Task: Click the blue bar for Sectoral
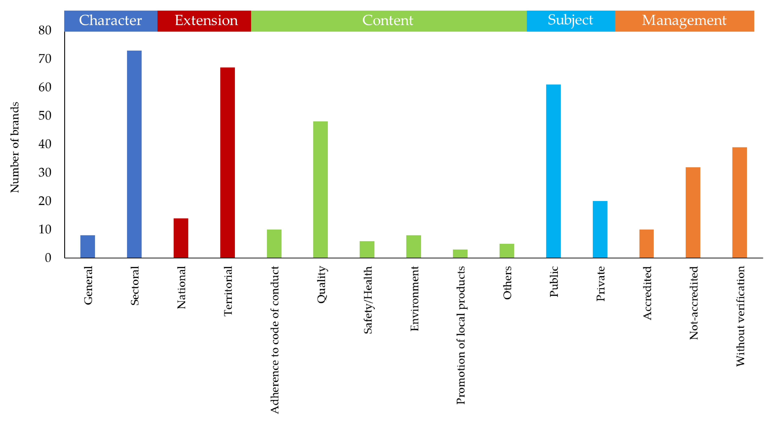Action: (134, 154)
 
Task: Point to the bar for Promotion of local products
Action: (460, 254)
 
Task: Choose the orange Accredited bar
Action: (646, 243)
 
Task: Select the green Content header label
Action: (388, 21)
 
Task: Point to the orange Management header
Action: (684, 21)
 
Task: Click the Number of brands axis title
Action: (14, 147)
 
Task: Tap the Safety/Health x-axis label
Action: (367, 300)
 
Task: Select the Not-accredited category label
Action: (693, 303)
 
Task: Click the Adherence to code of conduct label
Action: (275, 340)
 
